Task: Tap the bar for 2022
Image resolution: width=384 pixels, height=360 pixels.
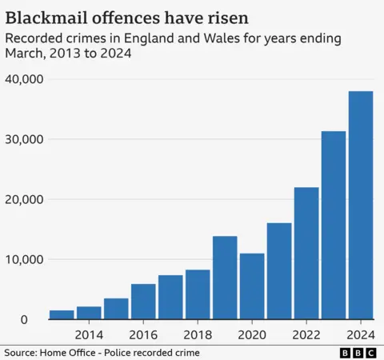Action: click(x=306, y=254)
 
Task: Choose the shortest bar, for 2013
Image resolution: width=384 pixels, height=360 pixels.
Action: click(x=62, y=314)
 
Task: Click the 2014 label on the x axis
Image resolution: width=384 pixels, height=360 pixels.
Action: click(x=89, y=334)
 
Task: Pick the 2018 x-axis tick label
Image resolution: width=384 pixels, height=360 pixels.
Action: click(x=198, y=334)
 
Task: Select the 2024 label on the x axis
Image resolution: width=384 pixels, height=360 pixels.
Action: click(x=361, y=334)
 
